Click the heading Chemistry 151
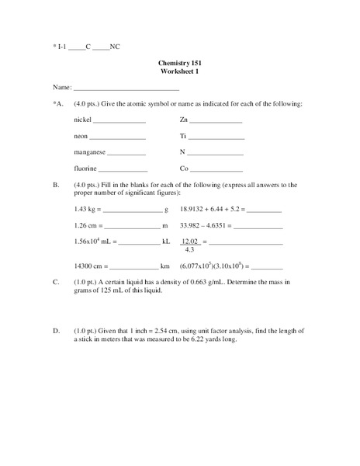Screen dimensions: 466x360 (x=180, y=62)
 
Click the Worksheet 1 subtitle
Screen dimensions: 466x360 (x=180, y=71)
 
